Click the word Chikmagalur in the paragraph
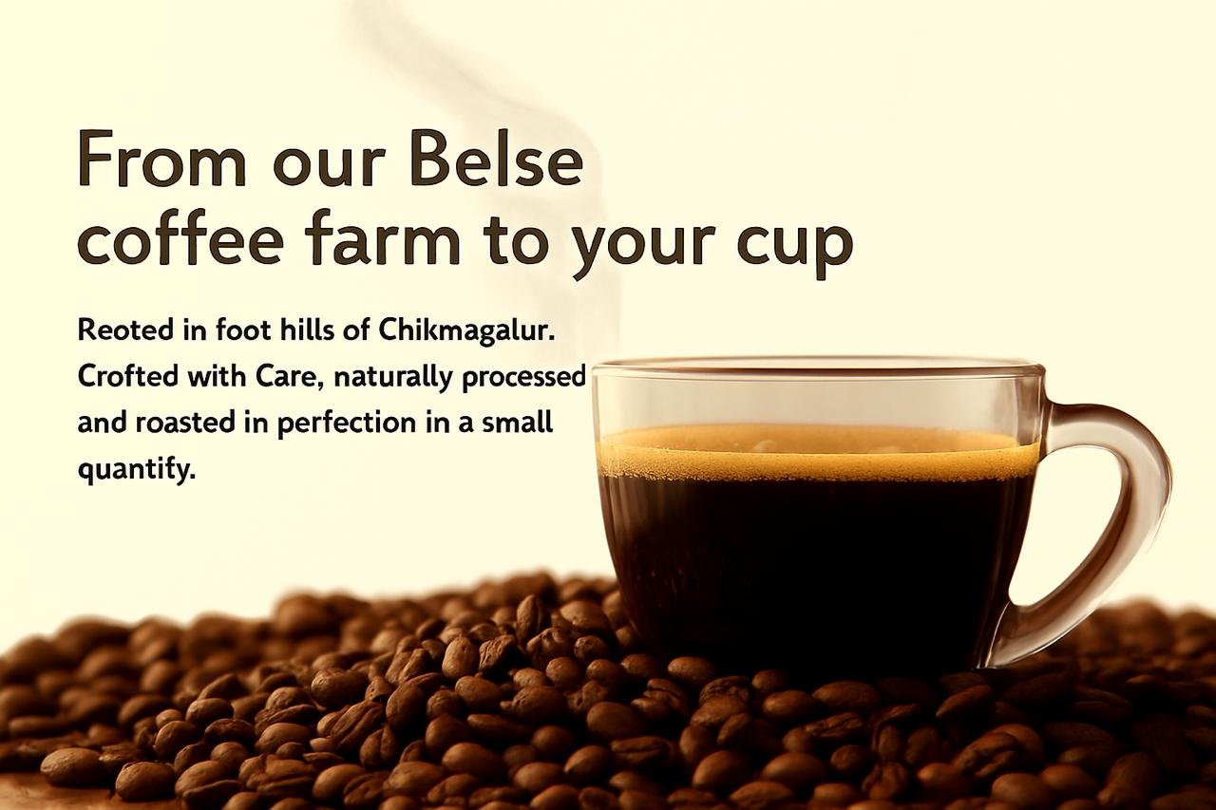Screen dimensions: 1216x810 [x=466, y=330]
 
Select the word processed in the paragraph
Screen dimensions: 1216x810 [x=523, y=378]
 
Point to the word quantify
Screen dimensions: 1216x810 [x=136, y=469]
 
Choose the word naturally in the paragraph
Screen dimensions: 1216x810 [x=392, y=377]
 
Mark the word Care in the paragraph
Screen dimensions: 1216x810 [x=286, y=375]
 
